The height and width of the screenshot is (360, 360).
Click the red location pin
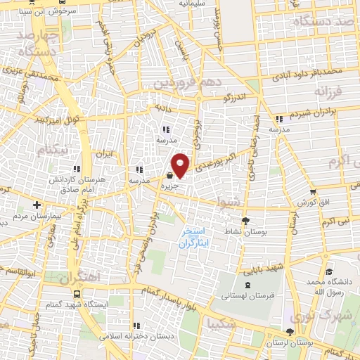[181, 165]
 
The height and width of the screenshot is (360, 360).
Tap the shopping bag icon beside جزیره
[169, 175]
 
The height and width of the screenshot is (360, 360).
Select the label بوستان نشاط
[228, 231]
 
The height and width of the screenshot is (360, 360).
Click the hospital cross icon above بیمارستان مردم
[37, 205]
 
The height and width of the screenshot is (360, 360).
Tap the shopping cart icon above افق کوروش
[312, 191]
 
